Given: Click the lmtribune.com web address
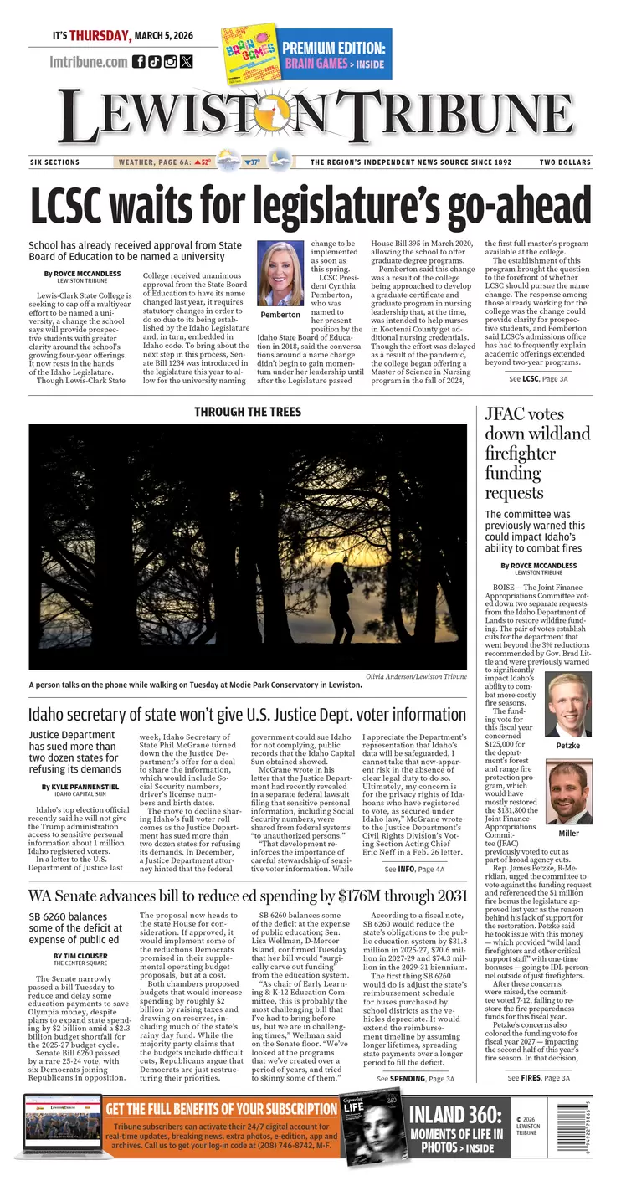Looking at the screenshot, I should (88, 61).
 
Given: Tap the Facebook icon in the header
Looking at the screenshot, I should (139, 61).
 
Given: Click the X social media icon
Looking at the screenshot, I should (186, 61).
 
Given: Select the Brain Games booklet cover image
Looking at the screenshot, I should (249, 53).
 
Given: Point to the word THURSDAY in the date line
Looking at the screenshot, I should (100, 35).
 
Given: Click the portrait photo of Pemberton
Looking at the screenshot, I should (280, 274).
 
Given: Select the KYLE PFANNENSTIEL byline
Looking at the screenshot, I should (80, 787).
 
